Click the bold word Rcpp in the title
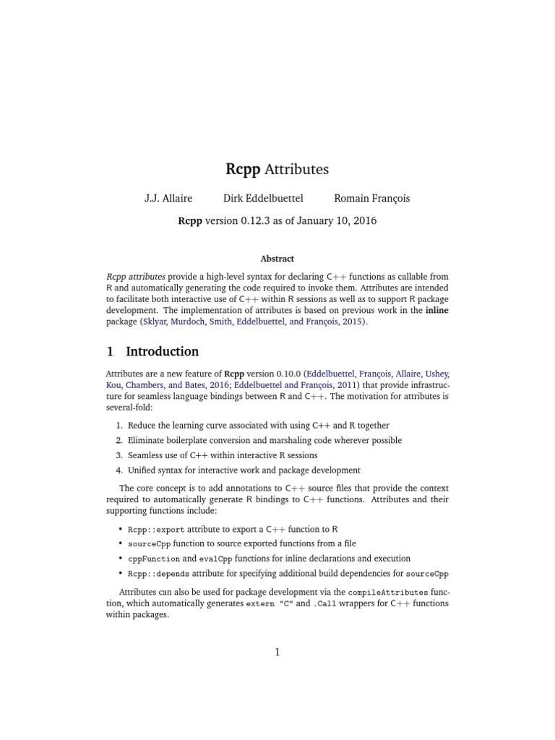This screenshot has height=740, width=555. [244, 170]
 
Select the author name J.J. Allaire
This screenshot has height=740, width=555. [168, 199]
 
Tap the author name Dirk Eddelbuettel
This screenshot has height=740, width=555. [263, 199]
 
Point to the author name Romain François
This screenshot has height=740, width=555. [371, 199]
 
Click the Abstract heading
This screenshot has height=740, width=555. [277, 259]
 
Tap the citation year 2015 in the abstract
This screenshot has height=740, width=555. [354, 322]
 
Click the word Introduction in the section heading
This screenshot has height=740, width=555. [162, 352]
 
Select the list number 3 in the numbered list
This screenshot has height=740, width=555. [119, 455]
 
